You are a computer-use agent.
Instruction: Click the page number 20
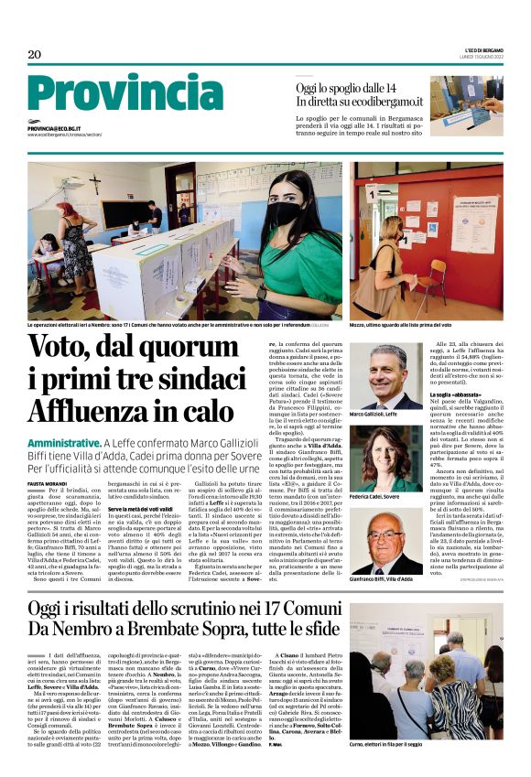pyautogui.click(x=34, y=55)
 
